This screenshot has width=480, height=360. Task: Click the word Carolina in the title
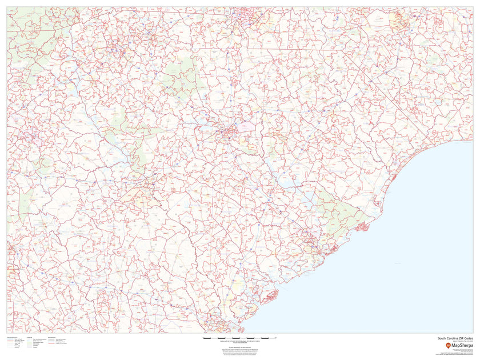pos(453,338)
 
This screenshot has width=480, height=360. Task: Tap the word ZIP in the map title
pos(463,338)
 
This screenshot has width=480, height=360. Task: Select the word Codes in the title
pos(469,338)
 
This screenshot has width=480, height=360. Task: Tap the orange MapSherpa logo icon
pos(448,345)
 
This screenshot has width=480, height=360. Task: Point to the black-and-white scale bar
pos(239,339)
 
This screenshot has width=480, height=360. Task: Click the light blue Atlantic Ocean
pos(400,257)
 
